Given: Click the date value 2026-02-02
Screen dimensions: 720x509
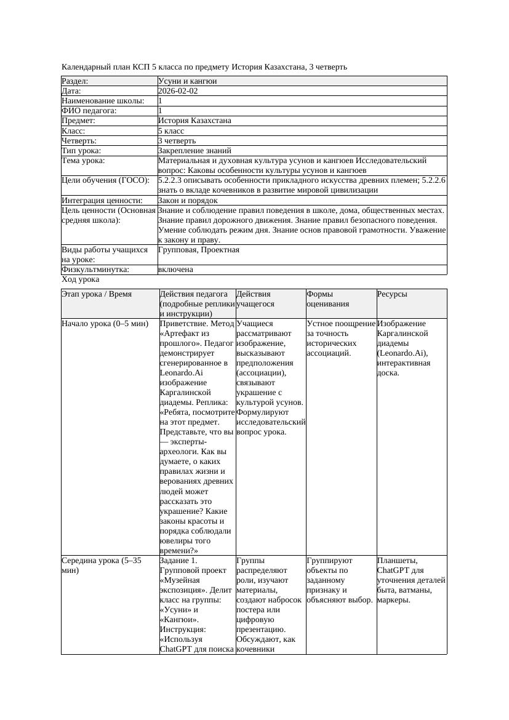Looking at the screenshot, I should [178, 91].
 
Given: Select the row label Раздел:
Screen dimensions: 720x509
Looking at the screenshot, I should [75, 81].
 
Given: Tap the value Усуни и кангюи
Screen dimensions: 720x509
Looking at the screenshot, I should [187, 81].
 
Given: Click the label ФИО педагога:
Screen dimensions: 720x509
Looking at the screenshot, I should [89, 111].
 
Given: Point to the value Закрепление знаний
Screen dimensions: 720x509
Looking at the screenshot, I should [194, 151].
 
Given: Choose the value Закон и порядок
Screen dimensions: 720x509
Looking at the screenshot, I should [188, 201].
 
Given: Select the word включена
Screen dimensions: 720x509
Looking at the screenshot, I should [175, 270].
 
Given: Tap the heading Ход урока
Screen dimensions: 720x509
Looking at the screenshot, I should [81, 280].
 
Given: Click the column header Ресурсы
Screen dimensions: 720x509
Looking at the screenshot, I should [393, 295].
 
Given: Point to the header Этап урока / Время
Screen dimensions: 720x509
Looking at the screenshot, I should [97, 295].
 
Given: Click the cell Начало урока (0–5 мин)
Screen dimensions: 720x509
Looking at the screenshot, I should [97, 324].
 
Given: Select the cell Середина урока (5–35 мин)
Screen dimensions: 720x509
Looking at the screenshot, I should [92, 566].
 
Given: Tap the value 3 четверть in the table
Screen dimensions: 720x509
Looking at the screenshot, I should [177, 141].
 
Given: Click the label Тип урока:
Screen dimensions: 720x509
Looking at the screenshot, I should [81, 151].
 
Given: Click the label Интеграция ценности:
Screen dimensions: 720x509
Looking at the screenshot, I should [102, 201].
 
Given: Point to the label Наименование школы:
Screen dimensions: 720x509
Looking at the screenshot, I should [103, 101].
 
